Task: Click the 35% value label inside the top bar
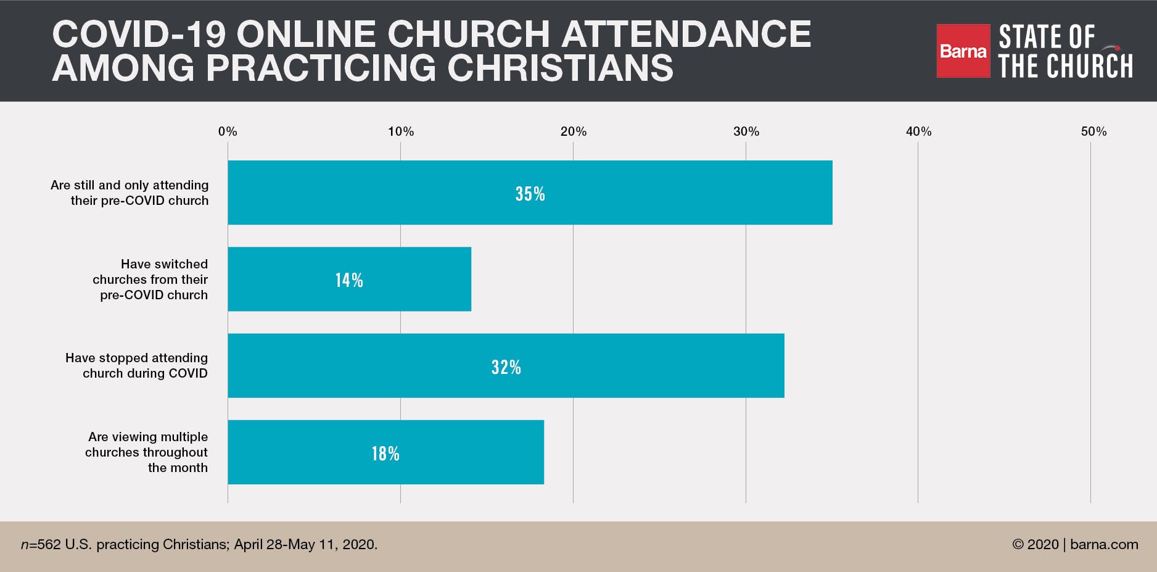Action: click(x=530, y=194)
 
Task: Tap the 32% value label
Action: click(x=506, y=367)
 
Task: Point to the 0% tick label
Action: click(x=228, y=131)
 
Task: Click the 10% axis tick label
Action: click(x=401, y=131)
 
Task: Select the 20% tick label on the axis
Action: click(x=574, y=131)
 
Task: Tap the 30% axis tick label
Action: click(x=746, y=131)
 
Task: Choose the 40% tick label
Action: click(x=918, y=131)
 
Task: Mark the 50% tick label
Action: click(x=1093, y=131)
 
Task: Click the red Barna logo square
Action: click(x=963, y=51)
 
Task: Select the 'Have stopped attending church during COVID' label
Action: click(x=136, y=365)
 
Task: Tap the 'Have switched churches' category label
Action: click(x=150, y=280)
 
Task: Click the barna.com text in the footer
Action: click(x=1104, y=544)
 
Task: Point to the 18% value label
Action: click(x=385, y=454)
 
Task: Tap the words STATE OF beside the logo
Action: click(x=1047, y=37)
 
